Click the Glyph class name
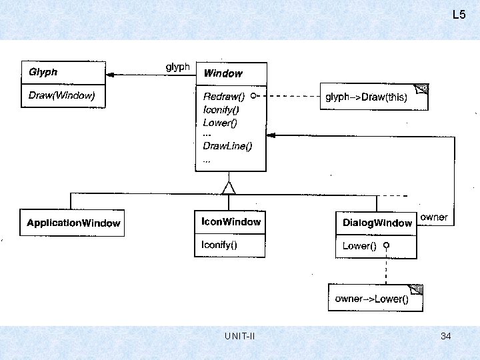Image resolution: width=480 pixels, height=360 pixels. point(43,72)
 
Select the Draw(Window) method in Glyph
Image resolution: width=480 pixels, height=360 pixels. point(62,96)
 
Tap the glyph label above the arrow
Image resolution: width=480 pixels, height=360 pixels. point(177,67)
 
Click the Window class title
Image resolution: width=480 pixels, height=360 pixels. point(223,73)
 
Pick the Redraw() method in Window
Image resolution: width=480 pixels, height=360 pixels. point(224,97)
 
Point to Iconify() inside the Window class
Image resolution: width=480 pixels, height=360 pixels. point(221,109)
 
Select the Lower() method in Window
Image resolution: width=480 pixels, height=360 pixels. point(220,123)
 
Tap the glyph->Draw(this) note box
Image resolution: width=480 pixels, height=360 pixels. point(373,97)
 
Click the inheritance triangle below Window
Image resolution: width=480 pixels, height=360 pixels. point(229,187)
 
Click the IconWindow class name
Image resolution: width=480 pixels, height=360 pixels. point(231,221)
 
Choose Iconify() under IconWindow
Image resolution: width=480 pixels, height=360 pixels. point(219,245)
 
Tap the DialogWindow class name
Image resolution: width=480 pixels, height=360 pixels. point(377,223)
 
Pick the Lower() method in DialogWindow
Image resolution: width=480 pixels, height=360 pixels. point(359,246)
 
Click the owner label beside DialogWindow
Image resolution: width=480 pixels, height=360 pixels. point(434,218)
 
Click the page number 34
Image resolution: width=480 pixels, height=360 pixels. point(446,337)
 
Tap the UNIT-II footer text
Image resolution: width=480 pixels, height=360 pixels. point(240,337)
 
